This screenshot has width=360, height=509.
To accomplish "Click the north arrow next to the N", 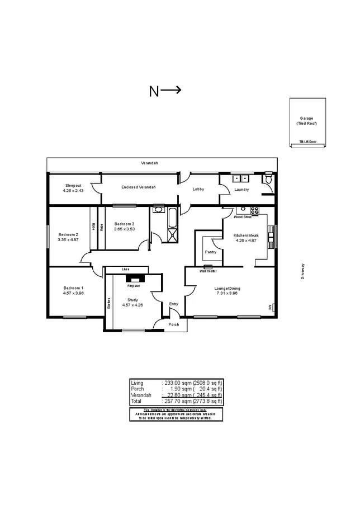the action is (172, 90).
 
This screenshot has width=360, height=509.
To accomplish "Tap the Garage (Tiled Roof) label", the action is (306, 121).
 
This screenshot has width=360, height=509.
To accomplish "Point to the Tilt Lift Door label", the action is (307, 142).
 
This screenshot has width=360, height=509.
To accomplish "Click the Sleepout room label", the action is (73, 185).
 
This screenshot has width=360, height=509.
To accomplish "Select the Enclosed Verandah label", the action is (138, 187).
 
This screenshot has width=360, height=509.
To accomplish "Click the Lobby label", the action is (198, 189).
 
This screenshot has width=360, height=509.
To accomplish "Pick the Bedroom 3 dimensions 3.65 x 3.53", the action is (124, 228).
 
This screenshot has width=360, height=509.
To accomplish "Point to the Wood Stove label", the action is (242, 216).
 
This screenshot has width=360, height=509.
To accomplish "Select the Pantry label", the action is (211, 252).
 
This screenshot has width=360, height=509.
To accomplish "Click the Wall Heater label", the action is (208, 271).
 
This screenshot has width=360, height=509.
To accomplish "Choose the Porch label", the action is (174, 324).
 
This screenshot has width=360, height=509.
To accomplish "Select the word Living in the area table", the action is (138, 382).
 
